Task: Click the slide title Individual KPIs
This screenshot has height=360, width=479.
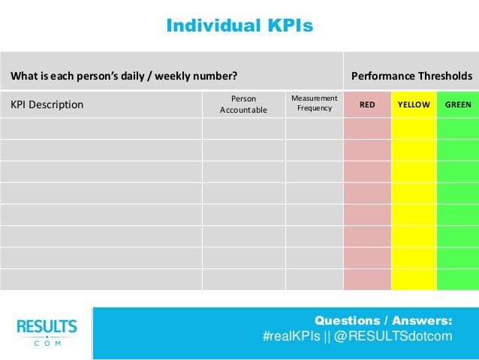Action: (239, 26)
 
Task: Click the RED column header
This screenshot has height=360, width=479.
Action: (367, 104)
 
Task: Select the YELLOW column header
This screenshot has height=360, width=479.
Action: (414, 104)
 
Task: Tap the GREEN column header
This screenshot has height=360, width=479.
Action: (458, 104)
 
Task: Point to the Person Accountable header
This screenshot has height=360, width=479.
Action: (243, 104)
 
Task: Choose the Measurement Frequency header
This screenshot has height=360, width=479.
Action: (314, 104)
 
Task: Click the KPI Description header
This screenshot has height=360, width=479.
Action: (47, 104)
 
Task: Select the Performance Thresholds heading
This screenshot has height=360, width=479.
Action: (411, 76)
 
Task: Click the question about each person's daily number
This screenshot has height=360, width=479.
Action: (124, 76)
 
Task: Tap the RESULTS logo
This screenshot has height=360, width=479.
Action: (47, 327)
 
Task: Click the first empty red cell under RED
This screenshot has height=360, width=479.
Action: (367, 129)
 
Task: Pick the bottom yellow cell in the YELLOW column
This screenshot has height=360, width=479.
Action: (414, 279)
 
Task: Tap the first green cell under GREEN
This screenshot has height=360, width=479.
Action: (458, 129)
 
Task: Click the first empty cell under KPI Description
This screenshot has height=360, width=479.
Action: (101, 129)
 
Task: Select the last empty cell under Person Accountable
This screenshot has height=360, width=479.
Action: (243, 279)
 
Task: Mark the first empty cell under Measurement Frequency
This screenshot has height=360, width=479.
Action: (314, 129)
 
